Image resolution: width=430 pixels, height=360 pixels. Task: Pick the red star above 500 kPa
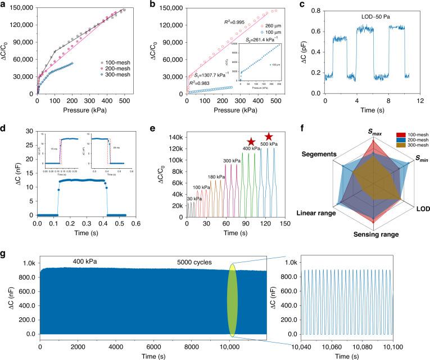click(x=269, y=136)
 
